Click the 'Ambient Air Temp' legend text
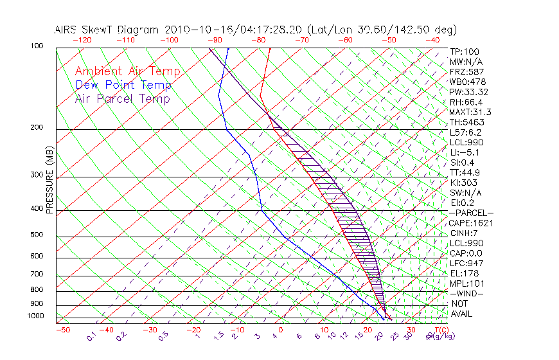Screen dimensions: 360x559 tap(127, 71)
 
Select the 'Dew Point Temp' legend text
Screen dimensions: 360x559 tap(123, 85)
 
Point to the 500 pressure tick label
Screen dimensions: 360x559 tap(36, 235)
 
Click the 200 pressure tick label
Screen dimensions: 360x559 tap(36, 128)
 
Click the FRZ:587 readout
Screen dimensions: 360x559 tap(467, 71)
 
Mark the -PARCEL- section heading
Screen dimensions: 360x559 tap(471, 213)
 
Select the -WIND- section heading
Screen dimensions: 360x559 tap(467, 294)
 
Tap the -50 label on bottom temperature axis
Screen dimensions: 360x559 tap(62, 330)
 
